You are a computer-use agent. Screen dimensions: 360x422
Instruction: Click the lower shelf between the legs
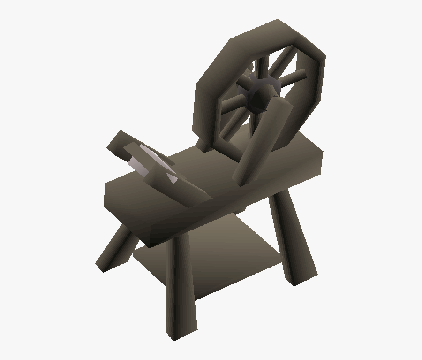(x=211, y=263)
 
